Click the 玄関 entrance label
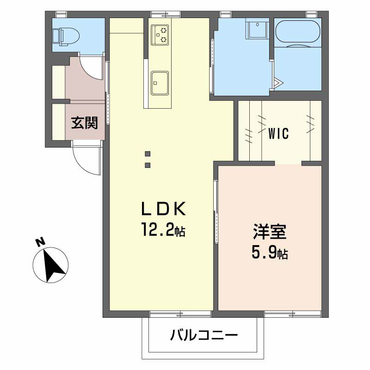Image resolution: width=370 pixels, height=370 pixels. coord(84,123)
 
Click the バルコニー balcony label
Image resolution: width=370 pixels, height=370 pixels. coord(203,335)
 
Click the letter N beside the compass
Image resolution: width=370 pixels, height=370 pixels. coord(40,241)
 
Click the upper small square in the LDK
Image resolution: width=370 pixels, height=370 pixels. coord(148,154)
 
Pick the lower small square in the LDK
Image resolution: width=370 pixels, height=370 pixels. coord(148,165)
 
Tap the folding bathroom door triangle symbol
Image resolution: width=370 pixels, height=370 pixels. coord(278,83)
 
